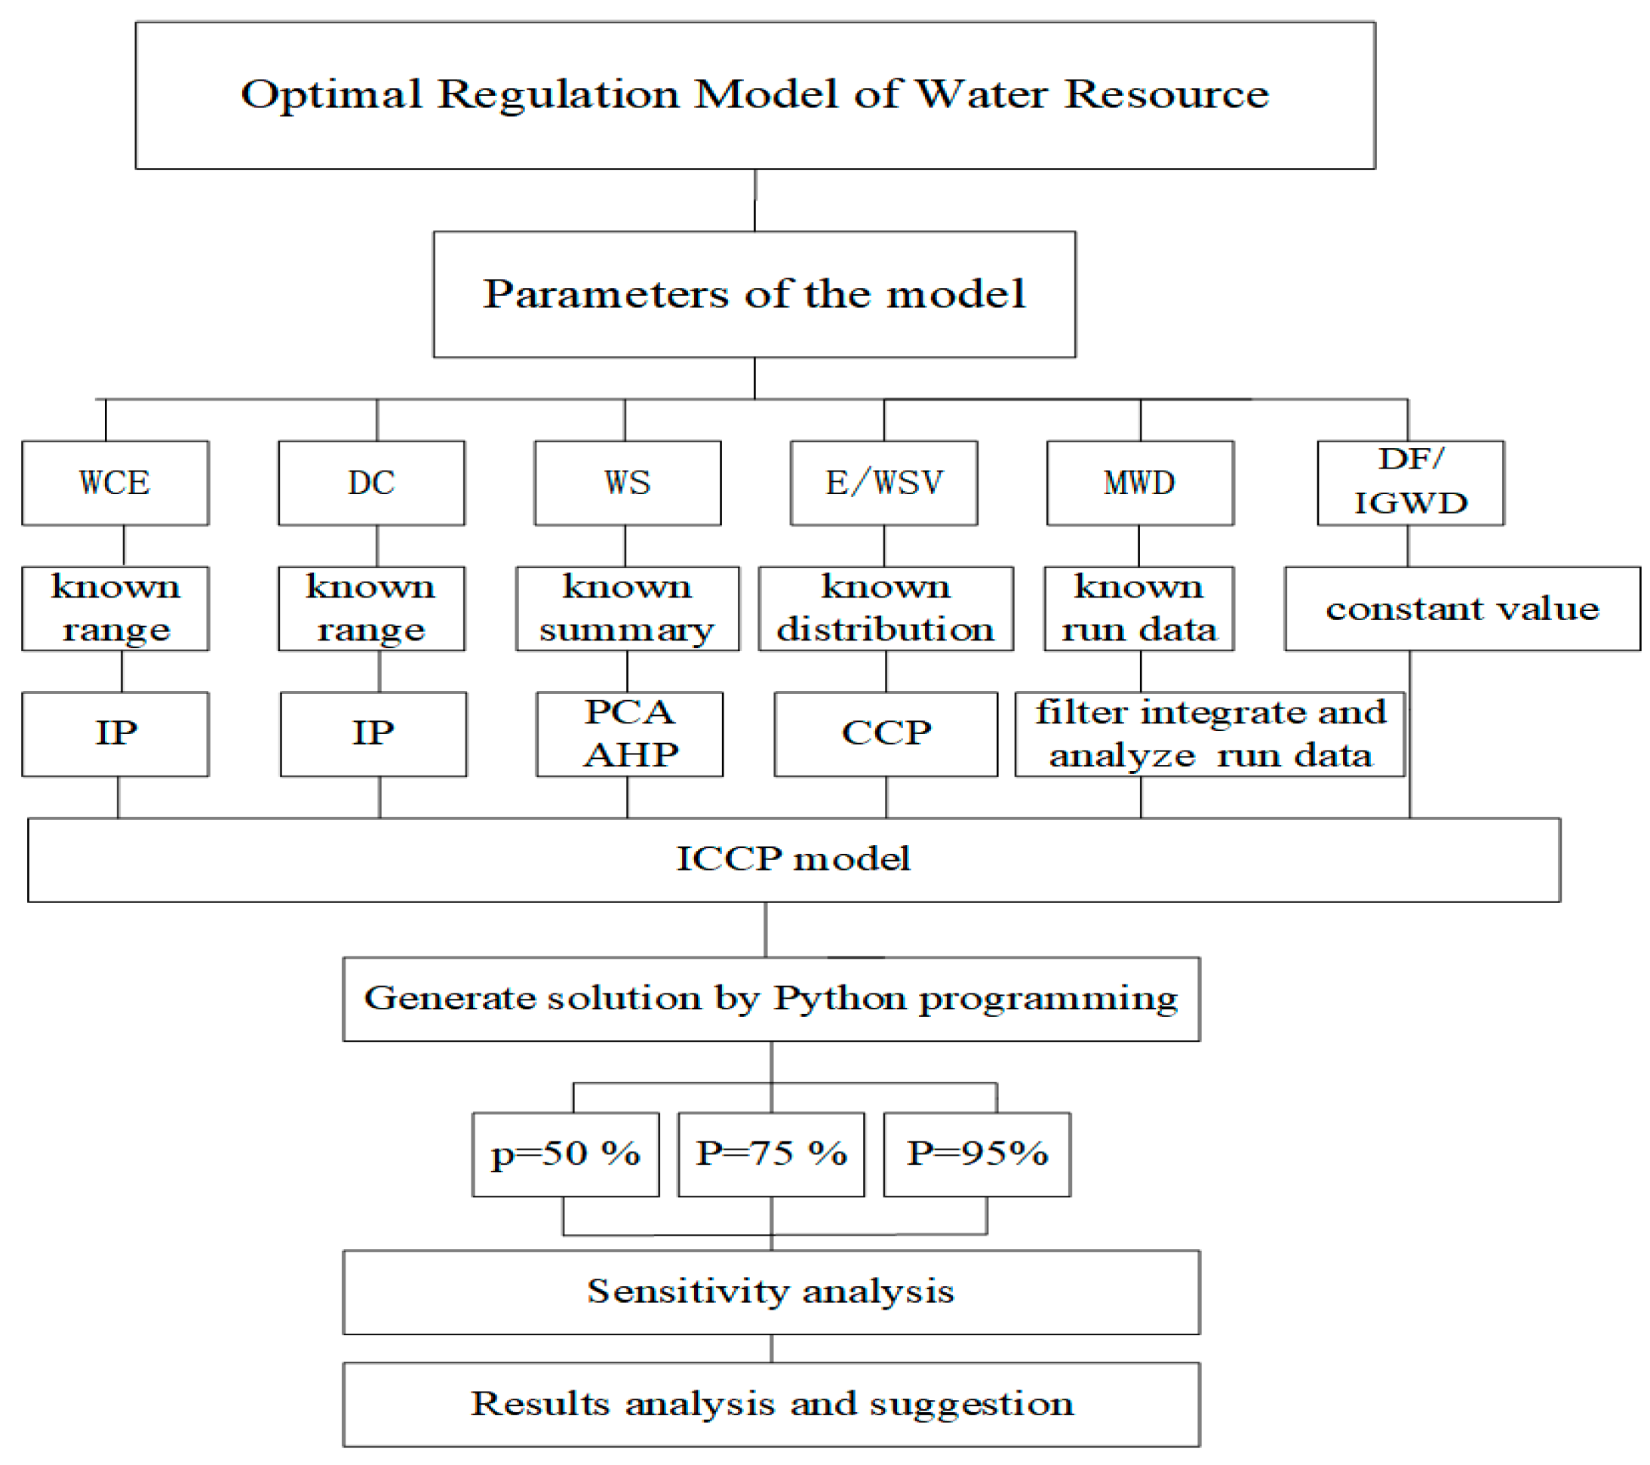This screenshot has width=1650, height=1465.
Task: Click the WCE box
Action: [115, 483]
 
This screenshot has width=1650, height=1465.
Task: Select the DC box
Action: [371, 483]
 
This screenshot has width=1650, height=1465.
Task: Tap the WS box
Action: [627, 483]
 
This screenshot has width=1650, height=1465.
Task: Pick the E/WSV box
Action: [884, 483]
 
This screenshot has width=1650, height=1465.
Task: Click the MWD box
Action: [1140, 483]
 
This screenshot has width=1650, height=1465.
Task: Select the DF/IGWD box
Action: [1410, 483]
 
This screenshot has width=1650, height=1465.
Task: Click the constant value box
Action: [1462, 609]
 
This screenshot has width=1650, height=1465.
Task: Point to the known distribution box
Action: [886, 609]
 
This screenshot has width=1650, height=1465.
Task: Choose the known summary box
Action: [627, 609]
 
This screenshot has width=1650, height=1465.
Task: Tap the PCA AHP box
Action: [630, 734]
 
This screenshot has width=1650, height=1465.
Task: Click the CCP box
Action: [886, 734]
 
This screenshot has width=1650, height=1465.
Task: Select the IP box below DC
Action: [373, 734]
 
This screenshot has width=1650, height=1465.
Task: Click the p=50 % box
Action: [565, 1154]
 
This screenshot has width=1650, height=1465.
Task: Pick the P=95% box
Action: [977, 1154]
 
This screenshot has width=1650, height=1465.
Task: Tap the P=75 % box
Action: [771, 1154]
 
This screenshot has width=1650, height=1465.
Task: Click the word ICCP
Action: [729, 858]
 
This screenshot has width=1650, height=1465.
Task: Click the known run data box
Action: [1139, 609]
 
